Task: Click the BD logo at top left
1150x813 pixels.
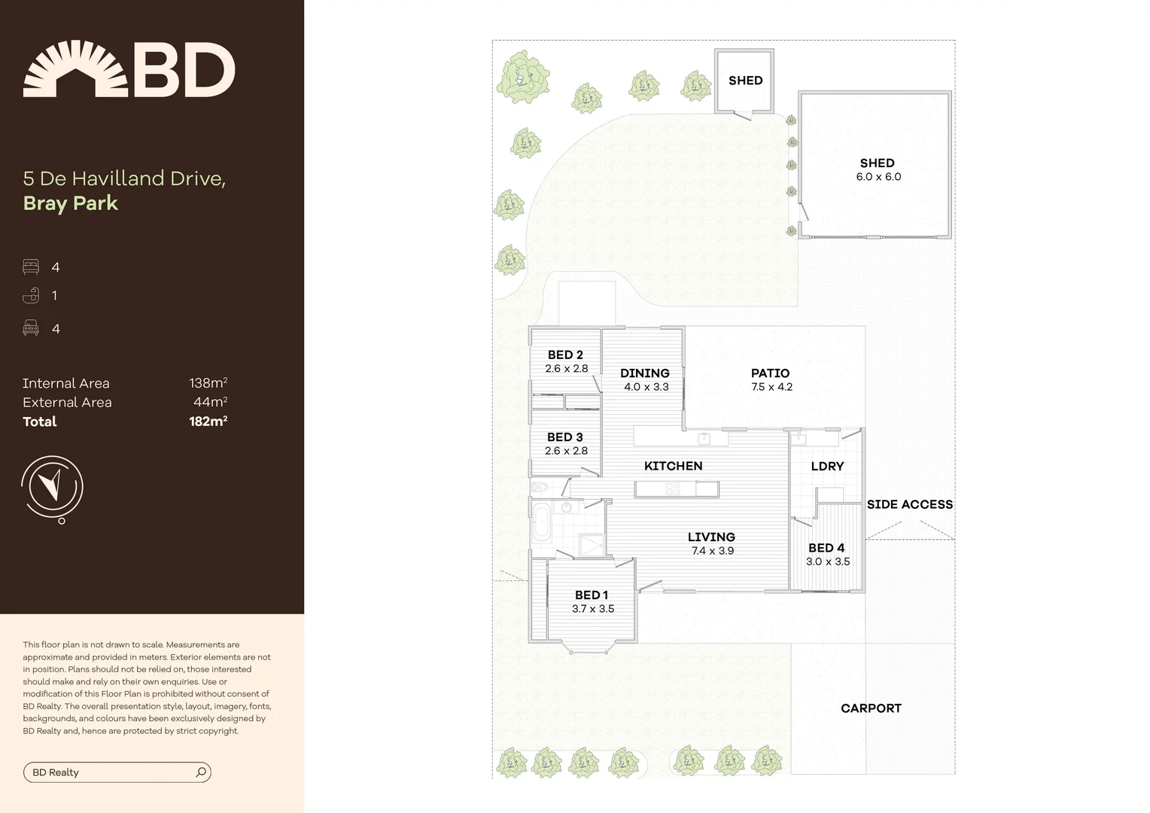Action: [129, 69]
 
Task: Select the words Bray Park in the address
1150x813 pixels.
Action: [71, 203]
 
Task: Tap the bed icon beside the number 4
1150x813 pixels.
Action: [31, 267]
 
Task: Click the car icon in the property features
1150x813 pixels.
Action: [31, 328]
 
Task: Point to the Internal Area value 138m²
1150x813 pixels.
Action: [208, 383]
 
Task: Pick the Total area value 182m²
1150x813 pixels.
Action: [208, 422]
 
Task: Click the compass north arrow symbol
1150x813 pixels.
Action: [52, 486]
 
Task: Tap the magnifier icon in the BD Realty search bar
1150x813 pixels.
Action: [201, 772]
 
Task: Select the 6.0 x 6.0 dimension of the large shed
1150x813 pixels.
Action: [878, 177]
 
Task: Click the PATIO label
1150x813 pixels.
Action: [770, 373]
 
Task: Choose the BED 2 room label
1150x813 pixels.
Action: [565, 355]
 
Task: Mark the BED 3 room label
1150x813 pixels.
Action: [565, 437]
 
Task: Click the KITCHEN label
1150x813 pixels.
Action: [673, 466]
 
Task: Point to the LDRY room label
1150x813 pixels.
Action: [827, 467]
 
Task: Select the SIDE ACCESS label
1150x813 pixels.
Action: [909, 504]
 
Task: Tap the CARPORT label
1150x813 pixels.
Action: [871, 708]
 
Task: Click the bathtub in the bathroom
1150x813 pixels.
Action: [540, 522]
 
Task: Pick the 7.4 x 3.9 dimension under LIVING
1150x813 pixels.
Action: [711, 551]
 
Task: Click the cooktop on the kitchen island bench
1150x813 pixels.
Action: [671, 490]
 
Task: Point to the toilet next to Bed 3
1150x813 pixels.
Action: [539, 487]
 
